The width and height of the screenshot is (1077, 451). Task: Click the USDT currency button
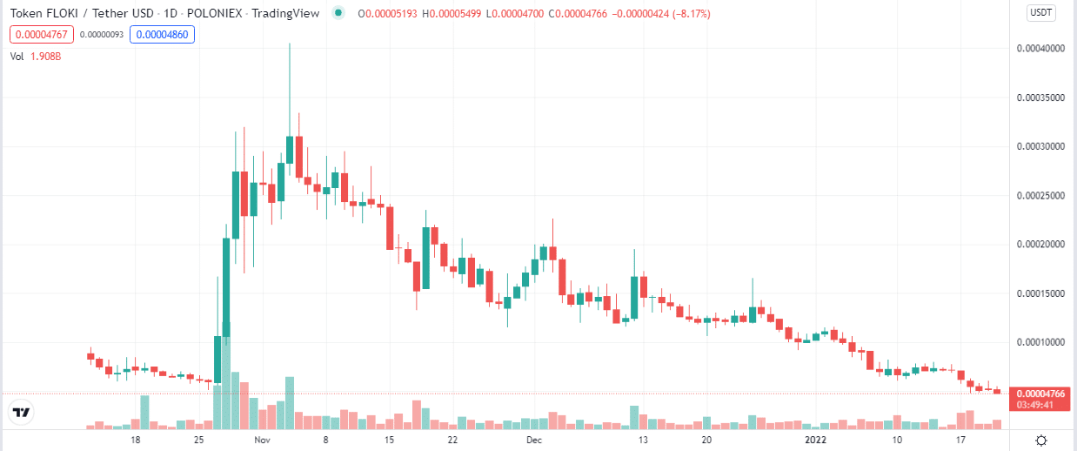click(1040, 12)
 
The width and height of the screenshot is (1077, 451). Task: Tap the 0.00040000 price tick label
click(1040, 49)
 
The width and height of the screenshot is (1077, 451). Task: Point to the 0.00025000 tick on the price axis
click(1040, 196)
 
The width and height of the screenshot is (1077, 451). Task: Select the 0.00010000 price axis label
click(1040, 342)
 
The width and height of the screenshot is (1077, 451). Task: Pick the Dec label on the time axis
click(534, 441)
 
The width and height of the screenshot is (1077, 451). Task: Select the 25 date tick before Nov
click(199, 441)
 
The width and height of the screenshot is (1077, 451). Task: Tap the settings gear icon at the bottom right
click(1040, 440)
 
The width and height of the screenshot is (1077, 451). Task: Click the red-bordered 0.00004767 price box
click(41, 35)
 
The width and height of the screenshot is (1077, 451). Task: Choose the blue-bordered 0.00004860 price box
click(162, 35)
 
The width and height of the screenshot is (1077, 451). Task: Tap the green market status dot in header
click(336, 13)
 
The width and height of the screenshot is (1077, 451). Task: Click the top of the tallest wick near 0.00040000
click(289, 44)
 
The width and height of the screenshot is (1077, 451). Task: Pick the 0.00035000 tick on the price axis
click(1040, 98)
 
